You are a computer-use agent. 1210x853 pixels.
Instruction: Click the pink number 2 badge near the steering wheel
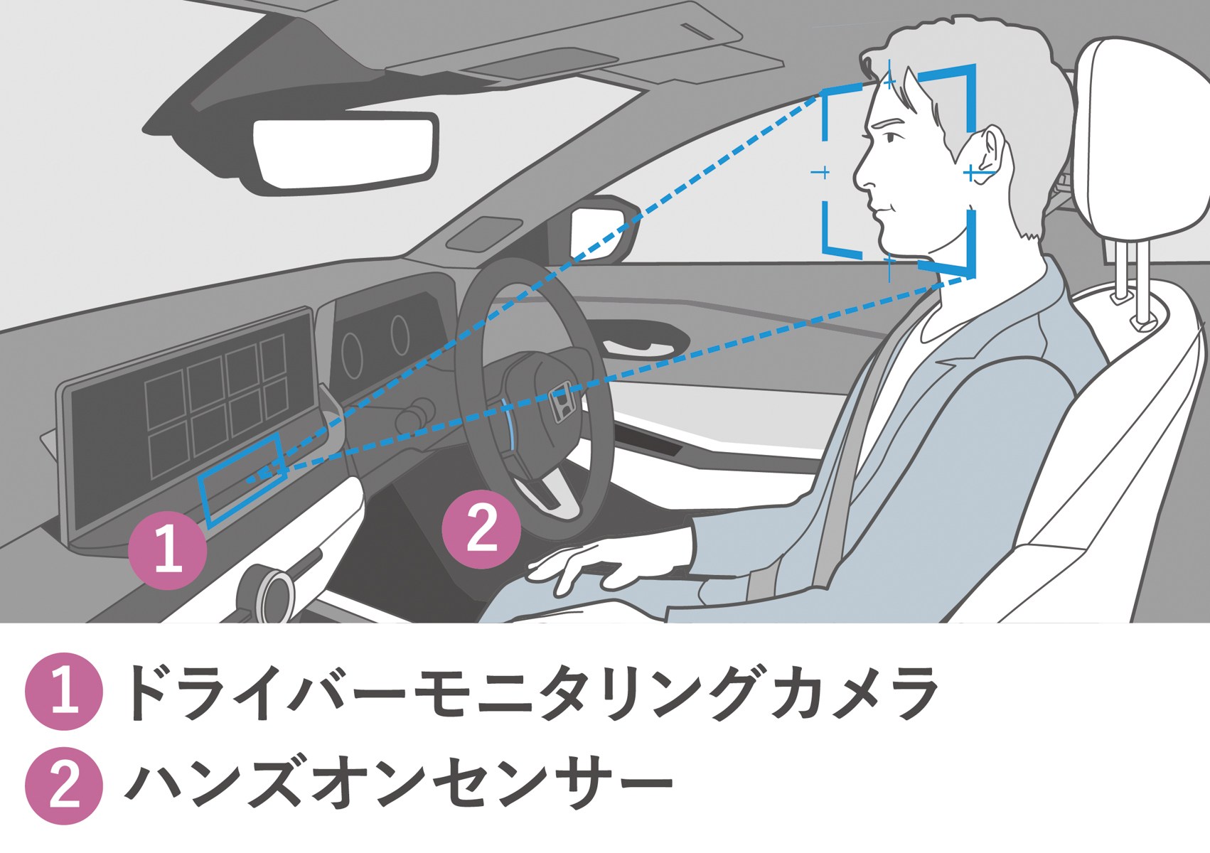coord(481,529)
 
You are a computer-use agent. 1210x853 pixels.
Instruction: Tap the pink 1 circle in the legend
coord(64,692)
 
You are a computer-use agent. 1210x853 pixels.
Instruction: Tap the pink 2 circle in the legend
coord(64,786)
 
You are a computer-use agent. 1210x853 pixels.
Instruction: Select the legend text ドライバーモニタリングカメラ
coord(530,692)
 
